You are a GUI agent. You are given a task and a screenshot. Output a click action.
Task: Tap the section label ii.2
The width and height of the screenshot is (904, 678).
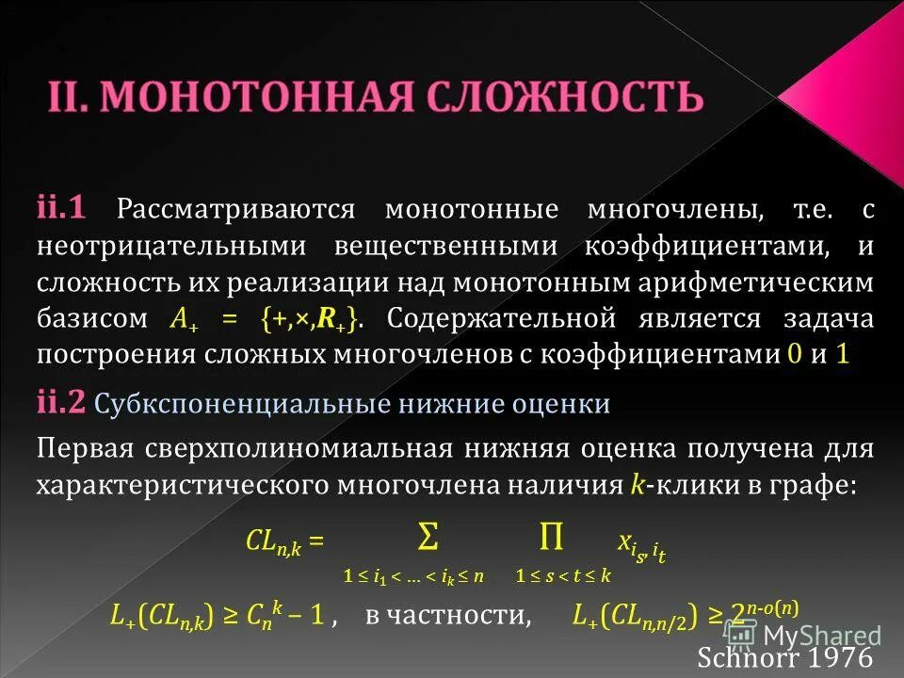click(62, 403)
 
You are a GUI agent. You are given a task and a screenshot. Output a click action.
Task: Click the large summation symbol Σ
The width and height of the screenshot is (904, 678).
click(427, 538)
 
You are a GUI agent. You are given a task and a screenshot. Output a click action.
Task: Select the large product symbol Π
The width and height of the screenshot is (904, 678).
click(551, 538)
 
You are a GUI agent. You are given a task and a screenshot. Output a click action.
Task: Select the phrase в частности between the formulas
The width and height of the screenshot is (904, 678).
click(446, 616)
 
